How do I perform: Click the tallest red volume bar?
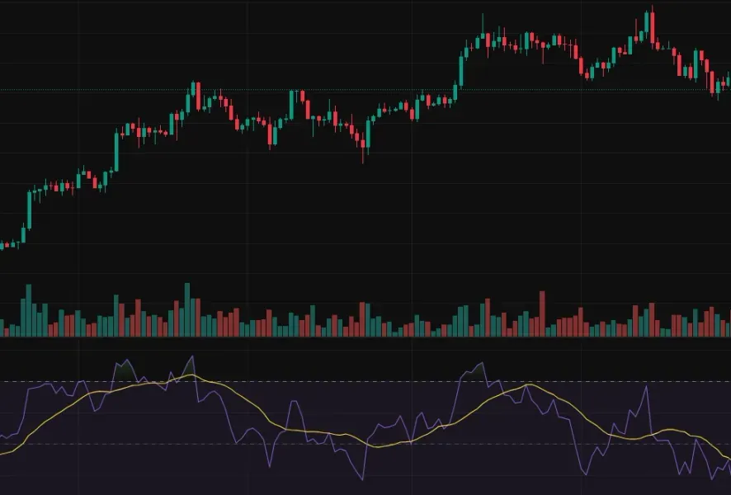point(542,313)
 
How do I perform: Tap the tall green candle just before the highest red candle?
point(645,24)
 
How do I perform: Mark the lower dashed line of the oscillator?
point(248,444)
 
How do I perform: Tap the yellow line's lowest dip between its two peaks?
point(375,446)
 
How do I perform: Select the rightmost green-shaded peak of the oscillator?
point(477,371)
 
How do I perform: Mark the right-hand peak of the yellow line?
point(526,385)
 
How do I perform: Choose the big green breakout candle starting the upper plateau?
point(460,69)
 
